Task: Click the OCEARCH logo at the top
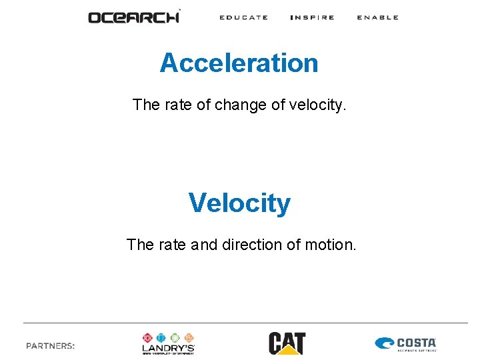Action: point(134,17)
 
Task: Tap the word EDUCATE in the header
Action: point(244,17)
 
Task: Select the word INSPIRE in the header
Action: point(313,17)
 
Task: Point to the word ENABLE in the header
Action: point(377,17)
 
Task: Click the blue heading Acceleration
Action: point(239,63)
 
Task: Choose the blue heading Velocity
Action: point(239,203)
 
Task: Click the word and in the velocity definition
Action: point(204,245)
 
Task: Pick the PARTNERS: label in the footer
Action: point(51,345)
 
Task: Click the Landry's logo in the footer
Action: point(168,343)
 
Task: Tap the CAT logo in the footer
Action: point(287,343)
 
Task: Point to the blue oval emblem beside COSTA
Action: point(385,344)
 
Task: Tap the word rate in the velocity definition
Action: point(172,245)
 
